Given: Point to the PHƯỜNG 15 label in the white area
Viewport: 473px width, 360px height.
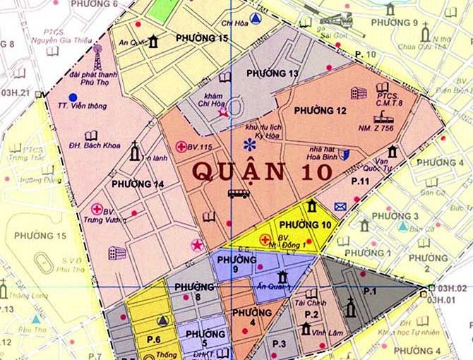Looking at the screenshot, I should coord(202,37).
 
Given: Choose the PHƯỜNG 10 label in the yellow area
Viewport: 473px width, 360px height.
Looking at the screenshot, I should coord(310,224).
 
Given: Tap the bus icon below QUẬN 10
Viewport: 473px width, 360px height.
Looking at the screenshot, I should coord(238,193).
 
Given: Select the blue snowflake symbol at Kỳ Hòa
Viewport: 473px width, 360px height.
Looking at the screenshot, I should coord(249,145).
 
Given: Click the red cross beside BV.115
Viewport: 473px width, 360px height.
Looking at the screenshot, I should coord(181,146).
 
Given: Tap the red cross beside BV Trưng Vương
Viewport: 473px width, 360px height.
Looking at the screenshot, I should coord(97,209).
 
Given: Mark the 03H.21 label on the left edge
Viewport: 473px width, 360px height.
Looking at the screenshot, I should coord(16,93).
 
